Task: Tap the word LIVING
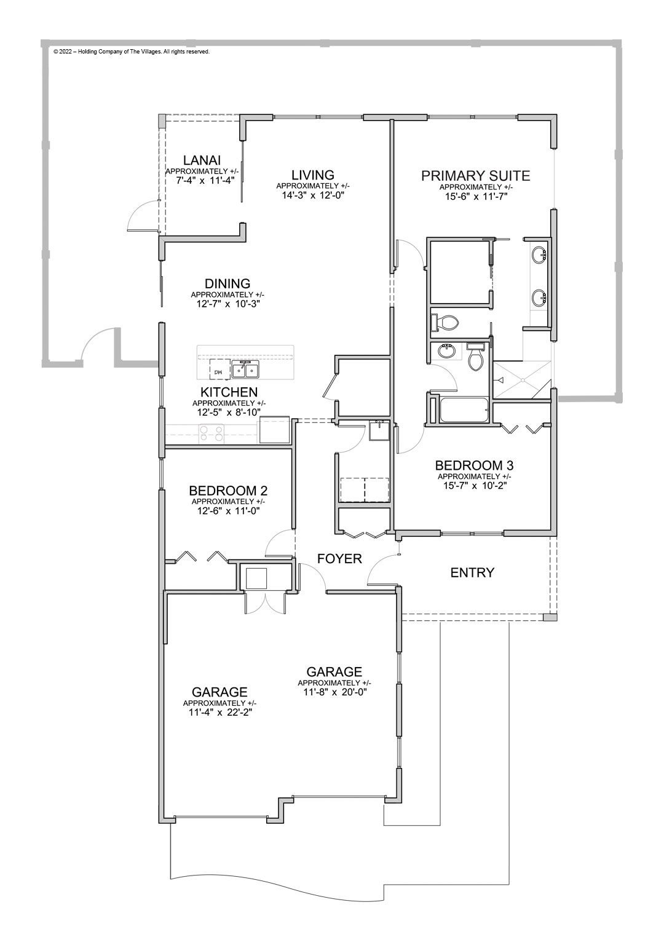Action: click(313, 175)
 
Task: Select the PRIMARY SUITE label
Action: click(475, 176)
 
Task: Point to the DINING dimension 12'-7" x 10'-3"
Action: click(227, 304)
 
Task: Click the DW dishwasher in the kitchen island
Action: click(218, 370)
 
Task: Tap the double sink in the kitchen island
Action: click(245, 370)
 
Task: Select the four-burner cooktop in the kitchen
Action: click(211, 434)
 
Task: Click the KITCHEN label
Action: click(228, 392)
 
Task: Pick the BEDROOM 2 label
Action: click(227, 491)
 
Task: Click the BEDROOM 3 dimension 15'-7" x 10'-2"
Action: click(474, 485)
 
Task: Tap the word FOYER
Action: click(339, 559)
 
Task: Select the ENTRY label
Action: click(472, 573)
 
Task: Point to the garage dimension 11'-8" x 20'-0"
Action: click(334, 692)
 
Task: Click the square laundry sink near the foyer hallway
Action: click(378, 432)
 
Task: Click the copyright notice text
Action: click(132, 52)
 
